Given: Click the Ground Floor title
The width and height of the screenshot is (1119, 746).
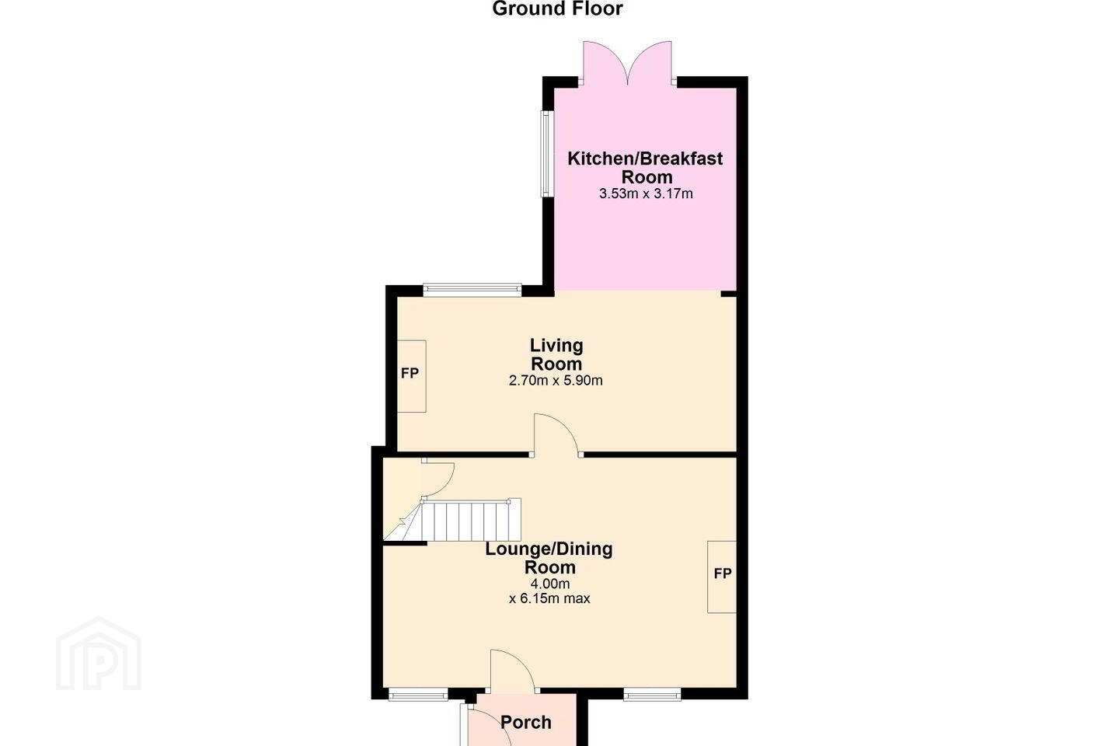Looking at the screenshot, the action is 557,9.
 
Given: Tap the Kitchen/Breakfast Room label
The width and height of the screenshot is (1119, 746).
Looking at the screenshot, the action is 646,168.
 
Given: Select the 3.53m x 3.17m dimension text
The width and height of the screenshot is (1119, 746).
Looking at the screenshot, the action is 646,193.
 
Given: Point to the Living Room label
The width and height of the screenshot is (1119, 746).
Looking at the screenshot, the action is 556,354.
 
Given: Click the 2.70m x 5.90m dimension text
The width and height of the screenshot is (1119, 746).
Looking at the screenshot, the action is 556,381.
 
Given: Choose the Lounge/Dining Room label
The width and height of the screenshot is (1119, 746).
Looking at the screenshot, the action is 549,558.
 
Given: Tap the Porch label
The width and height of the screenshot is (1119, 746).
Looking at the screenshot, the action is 526,722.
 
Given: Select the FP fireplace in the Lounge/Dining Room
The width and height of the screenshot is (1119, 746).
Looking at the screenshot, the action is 722,577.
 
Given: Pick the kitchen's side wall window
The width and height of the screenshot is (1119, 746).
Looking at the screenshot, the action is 546,153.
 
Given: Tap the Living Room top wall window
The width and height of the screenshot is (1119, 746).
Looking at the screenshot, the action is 472,289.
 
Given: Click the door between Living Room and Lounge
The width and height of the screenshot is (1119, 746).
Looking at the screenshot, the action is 556,435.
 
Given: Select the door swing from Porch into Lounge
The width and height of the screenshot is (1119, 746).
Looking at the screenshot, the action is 513,671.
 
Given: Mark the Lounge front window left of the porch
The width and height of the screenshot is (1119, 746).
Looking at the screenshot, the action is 418,693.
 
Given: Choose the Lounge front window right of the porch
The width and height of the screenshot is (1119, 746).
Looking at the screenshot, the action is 652,693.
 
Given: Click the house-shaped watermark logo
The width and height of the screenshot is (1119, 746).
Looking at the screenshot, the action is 99,654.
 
